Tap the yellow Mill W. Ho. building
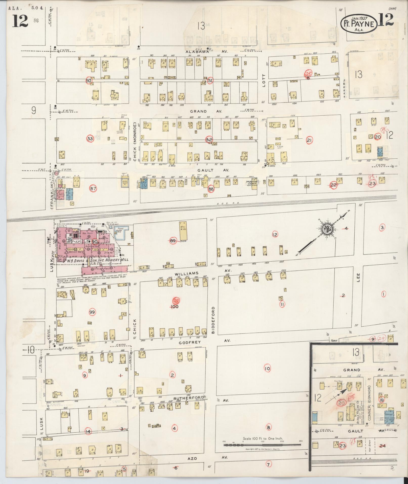(183, 231)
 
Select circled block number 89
(173, 241)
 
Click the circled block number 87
(93, 188)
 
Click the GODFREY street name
(189, 342)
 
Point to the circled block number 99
(92, 312)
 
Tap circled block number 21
(309, 140)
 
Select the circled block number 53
(90, 139)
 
